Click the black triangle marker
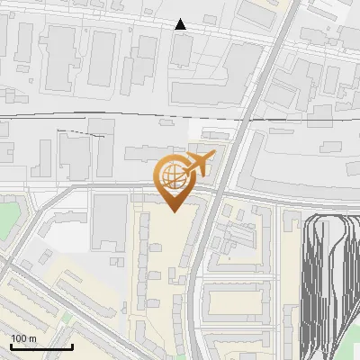[181, 24]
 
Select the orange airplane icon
[198, 164]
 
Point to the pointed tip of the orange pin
[174, 211]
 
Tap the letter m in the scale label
[33, 337]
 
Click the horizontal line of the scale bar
[40, 346]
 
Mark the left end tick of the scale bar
[10, 345]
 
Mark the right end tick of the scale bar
[72, 345]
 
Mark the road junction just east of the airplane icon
[220, 191]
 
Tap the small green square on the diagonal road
[67, 317]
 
